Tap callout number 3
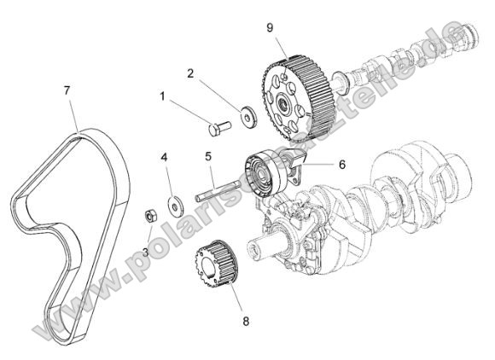click(146, 252)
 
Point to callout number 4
click(165, 157)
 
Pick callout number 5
click(208, 156)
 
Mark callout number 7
click(66, 89)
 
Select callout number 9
click(270, 27)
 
